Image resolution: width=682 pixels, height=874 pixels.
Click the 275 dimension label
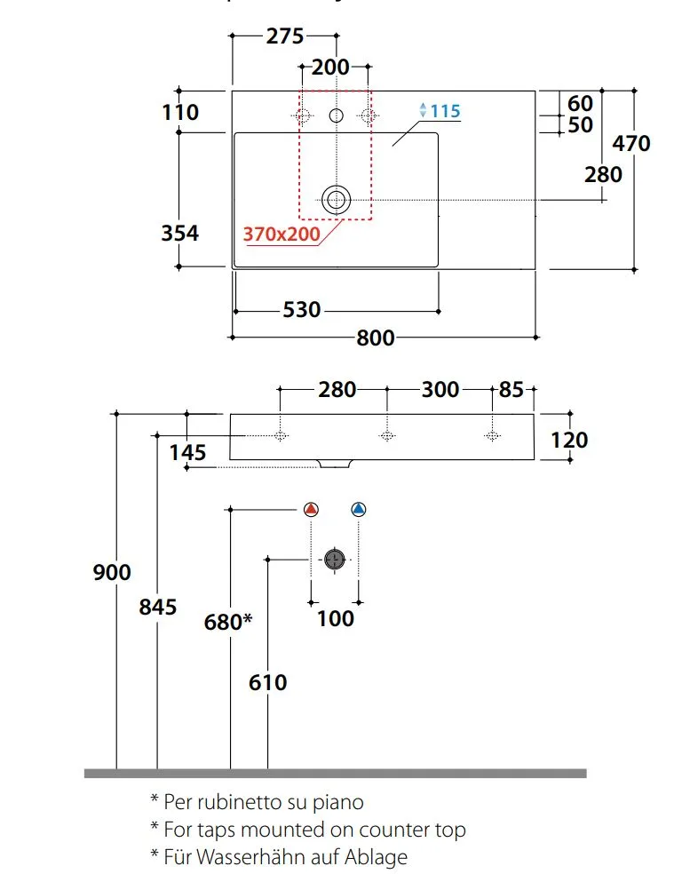tap(285, 36)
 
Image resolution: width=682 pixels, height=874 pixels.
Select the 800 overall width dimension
tap(376, 338)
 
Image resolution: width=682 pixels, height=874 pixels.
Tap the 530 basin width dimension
tap(301, 310)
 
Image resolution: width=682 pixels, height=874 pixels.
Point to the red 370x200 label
tap(282, 234)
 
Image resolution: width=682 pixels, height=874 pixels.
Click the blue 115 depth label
tap(445, 111)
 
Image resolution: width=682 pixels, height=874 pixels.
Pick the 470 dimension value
tap(630, 144)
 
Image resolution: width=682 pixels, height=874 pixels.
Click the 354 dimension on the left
tap(180, 233)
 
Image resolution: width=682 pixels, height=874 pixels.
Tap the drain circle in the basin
tap(336, 200)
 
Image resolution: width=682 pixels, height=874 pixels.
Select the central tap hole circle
tap(336, 115)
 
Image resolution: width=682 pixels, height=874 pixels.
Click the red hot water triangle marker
tap(311, 509)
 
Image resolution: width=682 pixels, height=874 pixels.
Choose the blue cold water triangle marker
tap(358, 509)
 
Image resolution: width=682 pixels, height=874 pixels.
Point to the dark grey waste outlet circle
tap(335, 559)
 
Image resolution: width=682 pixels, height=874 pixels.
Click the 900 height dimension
tap(112, 572)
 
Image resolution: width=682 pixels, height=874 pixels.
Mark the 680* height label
tap(228, 622)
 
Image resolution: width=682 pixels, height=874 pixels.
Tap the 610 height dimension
tap(268, 682)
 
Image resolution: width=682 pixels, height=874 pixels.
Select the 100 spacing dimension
tap(336, 619)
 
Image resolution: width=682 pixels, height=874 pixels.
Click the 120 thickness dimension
tap(569, 441)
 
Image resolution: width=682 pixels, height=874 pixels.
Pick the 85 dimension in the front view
tap(511, 390)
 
